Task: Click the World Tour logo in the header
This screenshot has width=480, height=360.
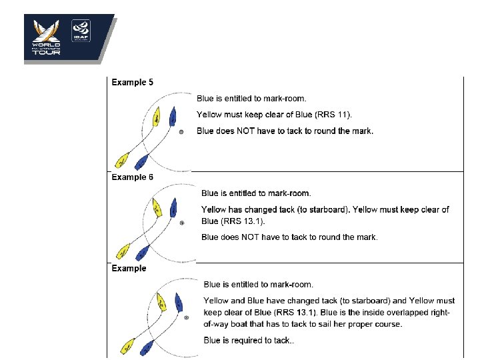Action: (x=47, y=37)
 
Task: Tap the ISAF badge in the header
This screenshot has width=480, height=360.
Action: (x=81, y=31)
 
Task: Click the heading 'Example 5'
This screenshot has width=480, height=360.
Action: (x=132, y=83)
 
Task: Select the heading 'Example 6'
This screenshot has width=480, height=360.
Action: (x=132, y=177)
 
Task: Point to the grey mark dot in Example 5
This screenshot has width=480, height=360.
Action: (x=181, y=133)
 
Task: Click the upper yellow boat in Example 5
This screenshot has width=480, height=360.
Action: (x=156, y=115)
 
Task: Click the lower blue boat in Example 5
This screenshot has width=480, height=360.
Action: (x=141, y=161)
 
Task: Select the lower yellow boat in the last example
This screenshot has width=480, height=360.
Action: (x=127, y=346)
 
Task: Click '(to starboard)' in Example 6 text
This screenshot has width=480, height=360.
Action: (x=314, y=209)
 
